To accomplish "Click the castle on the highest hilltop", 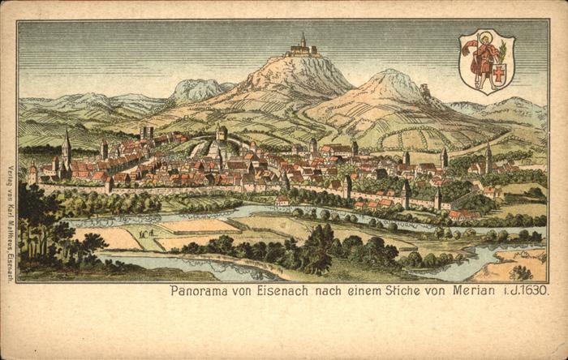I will [302, 49].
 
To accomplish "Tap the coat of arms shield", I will [486, 62].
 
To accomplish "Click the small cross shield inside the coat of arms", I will [499, 74].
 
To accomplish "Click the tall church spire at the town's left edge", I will [67, 146].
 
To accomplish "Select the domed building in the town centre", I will [222, 133].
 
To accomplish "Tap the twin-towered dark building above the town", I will [146, 132].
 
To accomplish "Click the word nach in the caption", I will [322, 291].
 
